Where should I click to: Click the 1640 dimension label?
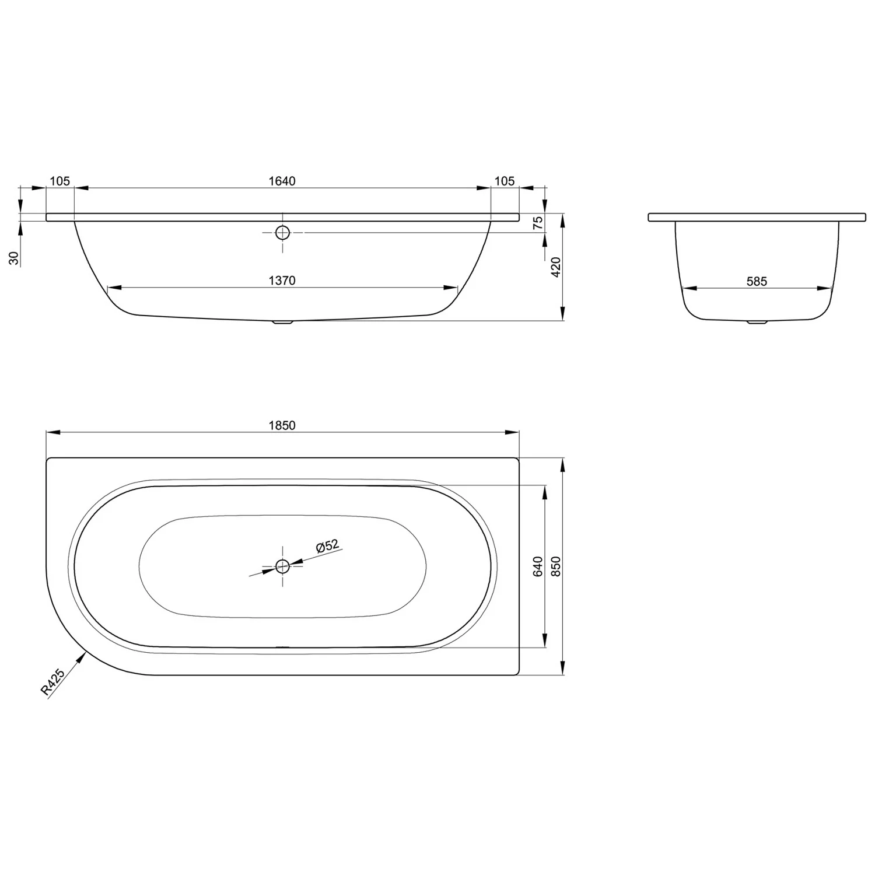282,181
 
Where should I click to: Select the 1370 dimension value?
282,281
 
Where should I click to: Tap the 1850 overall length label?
282,425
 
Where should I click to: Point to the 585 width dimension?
757,281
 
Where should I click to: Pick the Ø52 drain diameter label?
327,547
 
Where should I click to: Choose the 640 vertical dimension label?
538,566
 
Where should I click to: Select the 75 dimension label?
538,222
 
